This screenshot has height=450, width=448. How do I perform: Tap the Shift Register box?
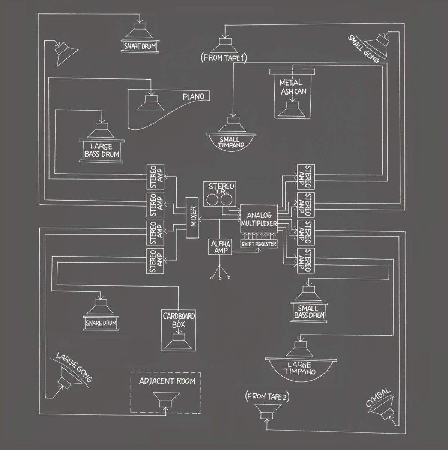click(x=259, y=244)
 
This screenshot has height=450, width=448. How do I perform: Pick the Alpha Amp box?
click(x=219, y=247)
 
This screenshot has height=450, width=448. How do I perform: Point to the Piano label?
click(x=193, y=96)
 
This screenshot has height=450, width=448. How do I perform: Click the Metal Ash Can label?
click(x=291, y=87)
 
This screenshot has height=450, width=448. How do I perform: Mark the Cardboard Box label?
click(x=179, y=319)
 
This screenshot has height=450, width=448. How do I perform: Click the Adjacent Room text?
click(x=167, y=381)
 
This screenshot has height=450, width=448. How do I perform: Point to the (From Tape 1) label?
click(x=223, y=58)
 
